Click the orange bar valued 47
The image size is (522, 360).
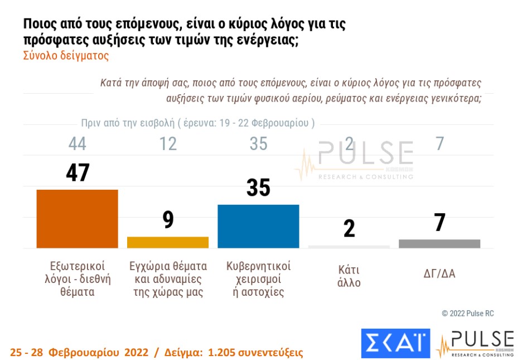pyautogui.click(x=77, y=219)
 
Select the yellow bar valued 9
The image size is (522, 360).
pyautogui.click(x=168, y=242)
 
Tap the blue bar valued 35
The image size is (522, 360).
pyautogui.click(x=258, y=226)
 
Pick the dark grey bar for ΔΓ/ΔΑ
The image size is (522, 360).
pyautogui.click(x=439, y=243)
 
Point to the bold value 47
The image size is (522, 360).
pyautogui.click(x=78, y=172)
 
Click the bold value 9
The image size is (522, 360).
pyautogui.click(x=168, y=219)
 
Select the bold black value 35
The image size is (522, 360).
pyautogui.click(x=258, y=188)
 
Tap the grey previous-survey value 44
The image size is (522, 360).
pyautogui.click(x=78, y=143)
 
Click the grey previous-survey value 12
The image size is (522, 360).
pyautogui.click(x=168, y=143)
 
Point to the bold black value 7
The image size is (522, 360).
pyautogui.click(x=439, y=223)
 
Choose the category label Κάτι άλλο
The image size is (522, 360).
pyautogui.click(x=349, y=276)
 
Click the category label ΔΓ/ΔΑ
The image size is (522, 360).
pyautogui.click(x=439, y=273)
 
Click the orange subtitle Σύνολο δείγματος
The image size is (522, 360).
pyautogui.click(x=66, y=56)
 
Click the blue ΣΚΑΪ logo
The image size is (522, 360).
pyautogui.click(x=395, y=343)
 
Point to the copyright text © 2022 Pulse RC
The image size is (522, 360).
pyautogui.click(x=467, y=314)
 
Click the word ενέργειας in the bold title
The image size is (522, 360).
pyautogui.click(x=267, y=41)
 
